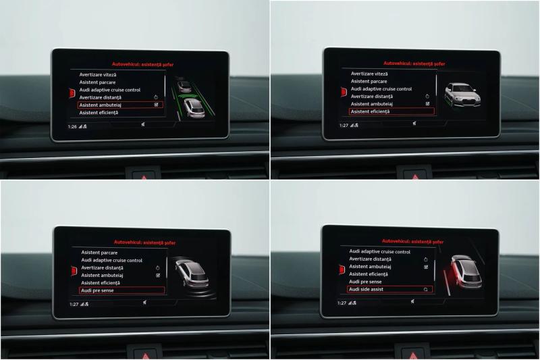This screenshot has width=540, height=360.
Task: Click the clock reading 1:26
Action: pyautogui.click(x=72, y=127)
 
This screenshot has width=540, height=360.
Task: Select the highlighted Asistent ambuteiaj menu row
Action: pyautogui.click(x=120, y=105)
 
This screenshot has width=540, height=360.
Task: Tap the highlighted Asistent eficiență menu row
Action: pyautogui.click(x=392, y=111)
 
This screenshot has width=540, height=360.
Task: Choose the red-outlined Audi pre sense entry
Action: pyautogui.click(x=122, y=290)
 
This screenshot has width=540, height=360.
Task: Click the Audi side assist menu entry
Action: pyautogui.click(x=389, y=289)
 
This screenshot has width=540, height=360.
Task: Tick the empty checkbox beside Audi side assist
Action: pyautogui.click(x=426, y=290)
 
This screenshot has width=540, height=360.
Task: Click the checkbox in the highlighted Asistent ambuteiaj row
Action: pyautogui.click(x=157, y=105)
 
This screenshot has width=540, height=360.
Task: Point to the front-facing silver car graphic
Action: pyautogui.click(x=462, y=95)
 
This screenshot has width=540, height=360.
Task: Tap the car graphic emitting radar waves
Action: pyautogui.click(x=192, y=274)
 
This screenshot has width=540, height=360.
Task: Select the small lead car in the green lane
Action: pyautogui.click(x=184, y=85)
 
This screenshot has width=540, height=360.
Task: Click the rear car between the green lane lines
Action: pyautogui.click(x=194, y=108)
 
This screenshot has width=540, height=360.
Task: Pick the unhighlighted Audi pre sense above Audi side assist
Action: pyautogui.click(x=365, y=282)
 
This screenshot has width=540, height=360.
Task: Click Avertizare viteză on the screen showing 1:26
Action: pyautogui.click(x=98, y=75)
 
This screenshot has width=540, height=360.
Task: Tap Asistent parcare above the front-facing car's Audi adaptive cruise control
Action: pyautogui.click(x=369, y=81)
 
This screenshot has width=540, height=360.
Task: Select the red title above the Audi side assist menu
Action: pyautogui.click(x=412, y=242)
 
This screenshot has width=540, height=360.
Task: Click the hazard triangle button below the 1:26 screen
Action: pyautogui.click(x=144, y=176)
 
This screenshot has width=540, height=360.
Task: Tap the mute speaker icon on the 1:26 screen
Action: pyautogui.click(x=143, y=124)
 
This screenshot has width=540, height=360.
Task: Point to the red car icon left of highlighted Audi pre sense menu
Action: pyautogui.click(x=74, y=271)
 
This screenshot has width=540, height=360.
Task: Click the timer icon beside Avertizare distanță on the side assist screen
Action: pyautogui.click(x=426, y=259)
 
